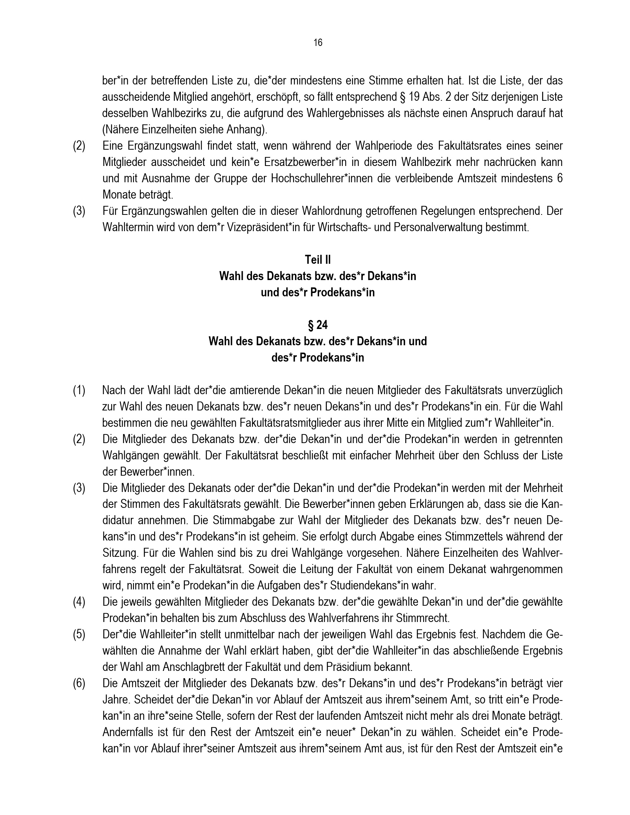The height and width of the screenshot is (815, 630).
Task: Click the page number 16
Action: pyautogui.click(x=318, y=43)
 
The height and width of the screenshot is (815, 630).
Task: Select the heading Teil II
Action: pyautogui.click(x=318, y=259)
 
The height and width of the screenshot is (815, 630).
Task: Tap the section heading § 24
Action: pyautogui.click(x=318, y=325)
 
